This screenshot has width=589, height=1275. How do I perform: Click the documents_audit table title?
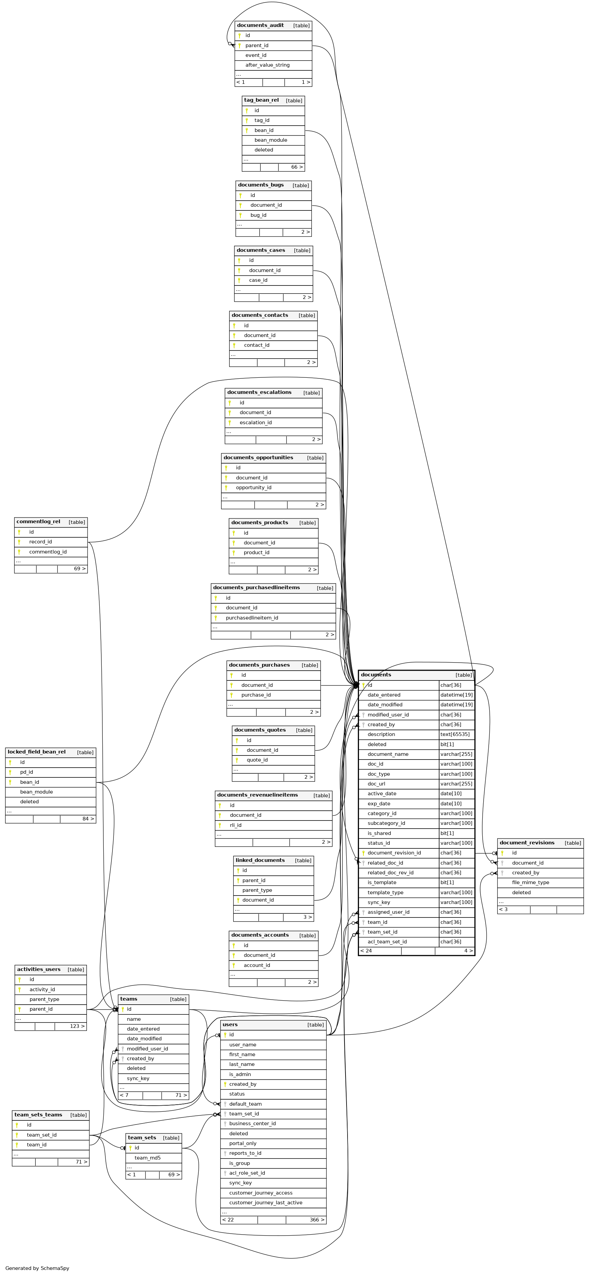pyautogui.click(x=260, y=25)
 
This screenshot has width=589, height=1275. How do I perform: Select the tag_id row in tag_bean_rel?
pyautogui.click(x=262, y=120)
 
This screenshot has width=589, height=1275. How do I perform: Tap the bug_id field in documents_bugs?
pyautogui.click(x=258, y=215)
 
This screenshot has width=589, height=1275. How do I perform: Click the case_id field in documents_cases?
pyautogui.click(x=258, y=280)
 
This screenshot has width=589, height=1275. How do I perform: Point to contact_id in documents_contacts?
pyautogui.click(x=256, y=345)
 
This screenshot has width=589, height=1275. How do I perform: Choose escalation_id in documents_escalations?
pyautogui.click(x=255, y=423)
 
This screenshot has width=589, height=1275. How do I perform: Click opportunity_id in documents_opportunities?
pyautogui.click(x=254, y=488)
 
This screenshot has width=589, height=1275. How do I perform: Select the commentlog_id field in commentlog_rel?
pyautogui.click(x=47, y=552)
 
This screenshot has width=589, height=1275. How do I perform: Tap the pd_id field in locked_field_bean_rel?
pyautogui.click(x=27, y=772)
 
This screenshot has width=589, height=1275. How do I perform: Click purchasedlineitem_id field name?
pyautogui.click(x=252, y=618)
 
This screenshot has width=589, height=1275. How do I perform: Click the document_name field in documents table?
pyautogui.click(x=388, y=754)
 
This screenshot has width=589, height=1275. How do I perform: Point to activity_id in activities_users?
pyautogui.click(x=42, y=989)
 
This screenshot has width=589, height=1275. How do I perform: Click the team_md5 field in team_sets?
pyautogui.click(x=148, y=1158)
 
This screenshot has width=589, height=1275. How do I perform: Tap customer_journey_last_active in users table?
pyautogui.click(x=265, y=1203)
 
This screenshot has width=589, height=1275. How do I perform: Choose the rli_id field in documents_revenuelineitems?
pyautogui.click(x=236, y=825)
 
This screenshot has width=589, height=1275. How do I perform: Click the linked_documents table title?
pyautogui.click(x=260, y=860)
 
